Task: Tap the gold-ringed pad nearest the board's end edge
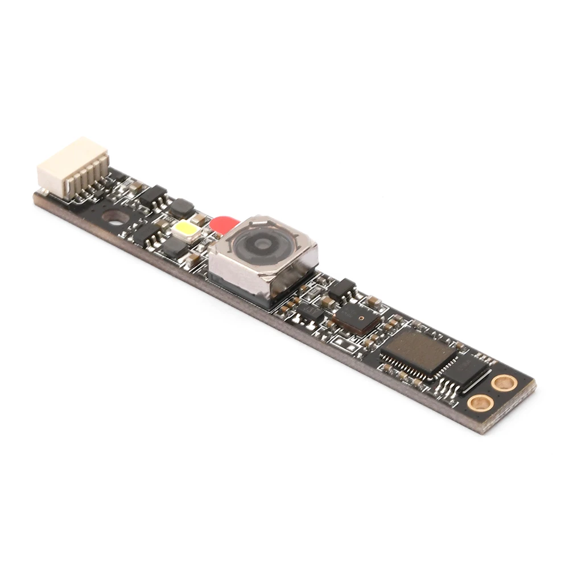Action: coord(504,382)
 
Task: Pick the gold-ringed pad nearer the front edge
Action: coord(480,403)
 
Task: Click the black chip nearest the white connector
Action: coord(152,196)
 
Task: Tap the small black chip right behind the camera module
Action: coord(343,290)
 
